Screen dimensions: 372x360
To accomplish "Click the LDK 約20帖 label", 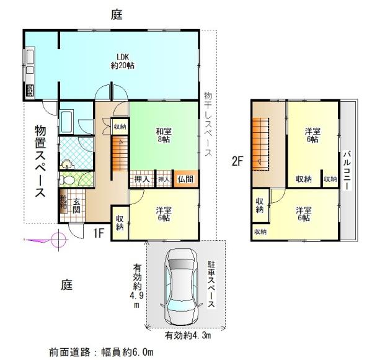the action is (x=123, y=61).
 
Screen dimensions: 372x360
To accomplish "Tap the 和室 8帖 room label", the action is (x=164, y=135).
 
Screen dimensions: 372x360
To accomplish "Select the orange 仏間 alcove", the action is (x=186, y=179).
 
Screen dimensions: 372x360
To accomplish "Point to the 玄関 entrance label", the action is (x=76, y=205).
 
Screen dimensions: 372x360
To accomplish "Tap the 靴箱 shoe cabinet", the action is (x=63, y=202).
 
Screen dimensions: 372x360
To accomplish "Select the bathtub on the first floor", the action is (x=66, y=122).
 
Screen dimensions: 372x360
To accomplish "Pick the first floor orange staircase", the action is (x=120, y=154).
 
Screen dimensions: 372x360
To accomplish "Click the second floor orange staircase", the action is (x=261, y=145).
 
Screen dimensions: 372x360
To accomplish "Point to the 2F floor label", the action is (x=237, y=162).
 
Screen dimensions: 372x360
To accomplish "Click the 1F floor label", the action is (x=99, y=233).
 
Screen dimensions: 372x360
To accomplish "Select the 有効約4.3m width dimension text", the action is (x=188, y=336).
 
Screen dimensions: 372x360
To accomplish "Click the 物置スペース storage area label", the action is (x=40, y=161).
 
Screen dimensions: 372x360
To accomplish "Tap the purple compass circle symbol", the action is (x=58, y=240).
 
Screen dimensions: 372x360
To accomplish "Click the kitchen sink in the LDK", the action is (x=30, y=56).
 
